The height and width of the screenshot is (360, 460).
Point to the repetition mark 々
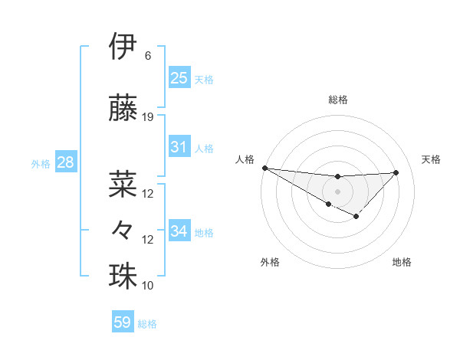click(123, 229)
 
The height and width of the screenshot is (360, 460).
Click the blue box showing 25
click(179, 77)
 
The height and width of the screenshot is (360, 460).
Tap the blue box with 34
click(179, 231)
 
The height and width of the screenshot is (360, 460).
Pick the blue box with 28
click(65, 162)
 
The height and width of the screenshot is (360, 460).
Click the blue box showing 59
click(123, 322)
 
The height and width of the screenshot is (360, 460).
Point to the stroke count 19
click(148, 117)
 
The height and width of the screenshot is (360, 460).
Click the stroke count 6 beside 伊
click(148, 56)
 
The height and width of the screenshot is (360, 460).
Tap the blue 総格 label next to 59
click(148, 324)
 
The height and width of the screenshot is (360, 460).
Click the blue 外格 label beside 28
click(41, 163)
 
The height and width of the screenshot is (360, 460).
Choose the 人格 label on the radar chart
click(245, 159)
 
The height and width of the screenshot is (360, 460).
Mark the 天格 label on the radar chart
click(431, 159)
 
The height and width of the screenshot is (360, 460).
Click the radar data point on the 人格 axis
click(264, 168)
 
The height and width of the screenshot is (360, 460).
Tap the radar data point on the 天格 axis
click(396, 172)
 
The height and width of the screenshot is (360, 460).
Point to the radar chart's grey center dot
click(337, 190)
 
